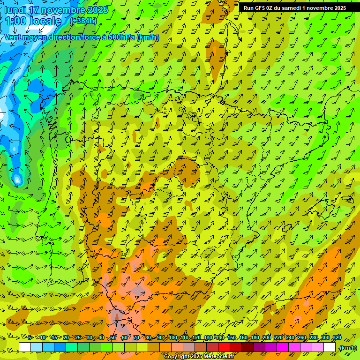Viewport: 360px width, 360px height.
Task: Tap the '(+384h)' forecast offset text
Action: (83, 21)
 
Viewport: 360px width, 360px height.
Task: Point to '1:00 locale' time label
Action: (33, 21)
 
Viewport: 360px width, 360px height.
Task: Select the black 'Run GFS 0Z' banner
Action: (295, 7)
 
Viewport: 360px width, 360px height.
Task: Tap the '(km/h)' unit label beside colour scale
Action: (348, 347)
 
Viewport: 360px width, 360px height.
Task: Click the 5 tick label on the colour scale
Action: (30, 338)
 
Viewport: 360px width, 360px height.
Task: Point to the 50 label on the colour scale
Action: (113, 338)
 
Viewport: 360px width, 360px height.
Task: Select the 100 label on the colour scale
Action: (172, 338)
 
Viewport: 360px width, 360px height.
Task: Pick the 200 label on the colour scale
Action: (267, 338)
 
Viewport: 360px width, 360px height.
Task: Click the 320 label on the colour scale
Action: (337, 338)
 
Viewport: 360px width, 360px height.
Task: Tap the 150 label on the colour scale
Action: (232, 338)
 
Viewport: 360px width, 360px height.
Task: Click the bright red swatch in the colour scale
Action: (224, 347)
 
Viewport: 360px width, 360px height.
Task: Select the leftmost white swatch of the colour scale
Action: (25, 347)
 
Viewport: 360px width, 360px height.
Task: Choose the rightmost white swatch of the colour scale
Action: (330, 347)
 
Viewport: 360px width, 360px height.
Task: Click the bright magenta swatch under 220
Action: (283, 347)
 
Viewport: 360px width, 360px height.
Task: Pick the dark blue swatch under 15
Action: (60, 347)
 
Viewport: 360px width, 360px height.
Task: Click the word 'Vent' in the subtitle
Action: (14, 37)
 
